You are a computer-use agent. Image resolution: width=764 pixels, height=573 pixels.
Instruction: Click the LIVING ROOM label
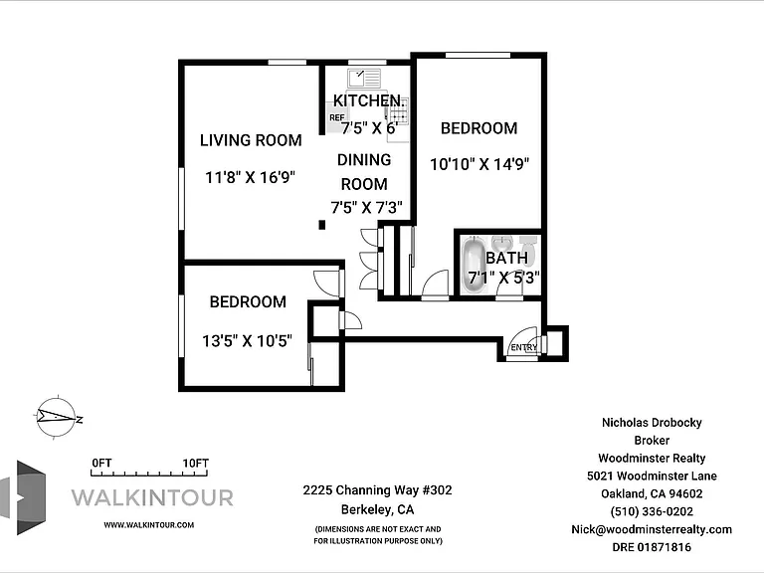tap(251, 140)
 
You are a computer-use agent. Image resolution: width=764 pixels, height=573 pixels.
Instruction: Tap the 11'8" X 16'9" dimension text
tap(250, 177)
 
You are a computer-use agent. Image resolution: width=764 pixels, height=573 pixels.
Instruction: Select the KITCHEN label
tap(368, 100)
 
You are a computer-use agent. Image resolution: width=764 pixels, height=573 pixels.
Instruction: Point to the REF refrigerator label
tap(336, 117)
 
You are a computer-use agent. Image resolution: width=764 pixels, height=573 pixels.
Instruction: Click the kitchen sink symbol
tap(364, 79)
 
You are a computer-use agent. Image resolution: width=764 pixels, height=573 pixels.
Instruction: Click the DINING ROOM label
tap(364, 171)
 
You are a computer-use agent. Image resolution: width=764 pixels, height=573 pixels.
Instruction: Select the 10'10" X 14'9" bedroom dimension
tap(479, 164)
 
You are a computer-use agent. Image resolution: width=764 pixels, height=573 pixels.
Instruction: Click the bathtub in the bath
tap(474, 265)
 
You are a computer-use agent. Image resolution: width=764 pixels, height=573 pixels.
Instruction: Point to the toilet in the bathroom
tap(528, 249)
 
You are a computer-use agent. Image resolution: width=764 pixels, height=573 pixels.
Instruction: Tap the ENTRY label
tap(524, 347)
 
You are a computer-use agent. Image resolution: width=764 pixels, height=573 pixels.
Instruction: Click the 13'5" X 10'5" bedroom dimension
tap(247, 340)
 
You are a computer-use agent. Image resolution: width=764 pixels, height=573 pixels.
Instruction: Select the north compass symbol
tap(58, 418)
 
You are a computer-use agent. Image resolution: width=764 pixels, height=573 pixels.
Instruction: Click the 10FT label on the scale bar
tap(195, 463)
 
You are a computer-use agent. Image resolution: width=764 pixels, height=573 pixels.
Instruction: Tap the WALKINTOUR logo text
tap(152, 498)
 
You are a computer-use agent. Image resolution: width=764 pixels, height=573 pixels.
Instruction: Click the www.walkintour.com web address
tap(148, 525)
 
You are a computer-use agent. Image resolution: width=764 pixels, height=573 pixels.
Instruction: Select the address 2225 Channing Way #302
tap(378, 490)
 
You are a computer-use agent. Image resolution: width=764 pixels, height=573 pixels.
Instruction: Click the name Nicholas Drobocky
tap(652, 423)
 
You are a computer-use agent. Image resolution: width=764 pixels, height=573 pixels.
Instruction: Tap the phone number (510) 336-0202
tap(652, 511)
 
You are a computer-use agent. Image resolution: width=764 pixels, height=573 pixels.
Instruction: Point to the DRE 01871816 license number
tap(652, 547)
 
